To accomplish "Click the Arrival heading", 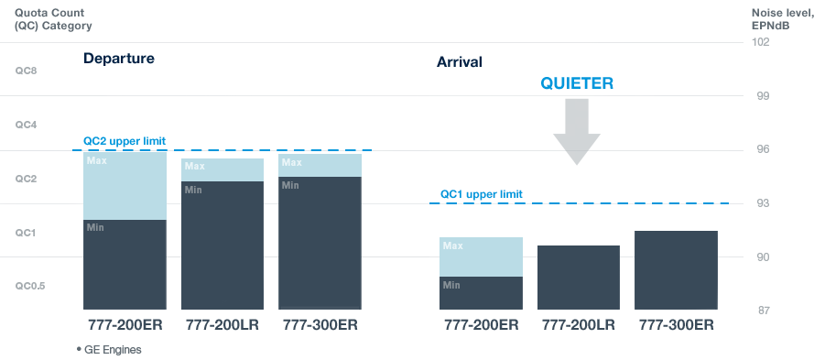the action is tap(459, 62).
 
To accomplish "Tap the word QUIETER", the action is tap(576, 83).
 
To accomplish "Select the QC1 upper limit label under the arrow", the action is tap(481, 194).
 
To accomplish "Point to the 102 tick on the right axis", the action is tap(761, 42).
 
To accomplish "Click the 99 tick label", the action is tap(761, 96).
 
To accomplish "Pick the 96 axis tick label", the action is tap(761, 150).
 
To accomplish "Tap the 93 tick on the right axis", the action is tap(761, 203).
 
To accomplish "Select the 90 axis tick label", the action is tap(761, 257).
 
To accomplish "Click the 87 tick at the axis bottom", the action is tap(761, 311).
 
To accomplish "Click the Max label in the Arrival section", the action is tap(452, 245).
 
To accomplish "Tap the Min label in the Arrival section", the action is tap(450, 285).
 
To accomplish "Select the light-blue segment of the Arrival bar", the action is tap(481, 257).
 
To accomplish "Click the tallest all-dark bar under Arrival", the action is tap(675, 270).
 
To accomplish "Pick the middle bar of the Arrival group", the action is tap(578, 277).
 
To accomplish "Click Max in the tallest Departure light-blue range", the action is tap(96, 161).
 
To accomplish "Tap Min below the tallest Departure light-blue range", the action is tap(95, 227).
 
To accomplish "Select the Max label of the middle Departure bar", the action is tap(194, 167).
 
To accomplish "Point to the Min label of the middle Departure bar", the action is tap(192, 190).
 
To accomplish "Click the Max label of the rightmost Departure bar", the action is tap(291, 162).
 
